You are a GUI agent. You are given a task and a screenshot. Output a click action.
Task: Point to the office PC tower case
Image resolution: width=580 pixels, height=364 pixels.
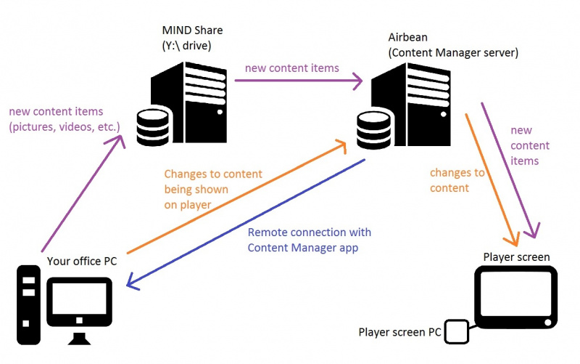pos(28,304)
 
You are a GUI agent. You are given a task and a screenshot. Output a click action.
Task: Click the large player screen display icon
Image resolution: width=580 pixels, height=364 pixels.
pos(515,298)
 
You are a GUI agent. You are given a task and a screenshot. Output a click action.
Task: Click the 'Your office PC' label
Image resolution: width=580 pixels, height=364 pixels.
pos(81,260)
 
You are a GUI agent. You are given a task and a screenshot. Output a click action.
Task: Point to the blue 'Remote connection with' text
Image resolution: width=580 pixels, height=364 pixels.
pos(309,232)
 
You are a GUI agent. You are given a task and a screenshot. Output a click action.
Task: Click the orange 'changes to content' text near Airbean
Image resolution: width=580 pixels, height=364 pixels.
pos(457,179)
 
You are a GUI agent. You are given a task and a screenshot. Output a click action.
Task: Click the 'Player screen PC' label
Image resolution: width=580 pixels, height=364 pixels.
pos(399,332)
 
